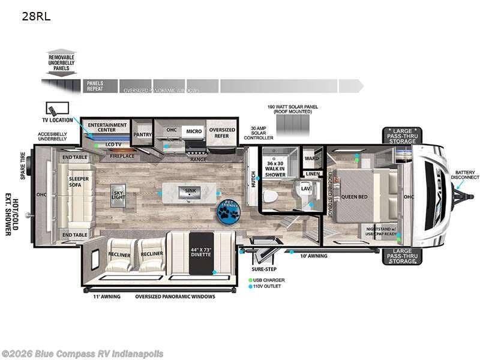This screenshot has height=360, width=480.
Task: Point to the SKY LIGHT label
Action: tap(118, 195)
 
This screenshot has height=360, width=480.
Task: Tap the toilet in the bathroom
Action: tap(272, 194)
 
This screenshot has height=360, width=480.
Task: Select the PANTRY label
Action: tap(143, 135)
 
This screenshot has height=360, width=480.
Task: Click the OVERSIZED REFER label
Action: tap(221, 133)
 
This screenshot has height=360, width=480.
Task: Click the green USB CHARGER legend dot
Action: tap(250, 280)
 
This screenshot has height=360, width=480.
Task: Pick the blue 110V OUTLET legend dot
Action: tap(250, 287)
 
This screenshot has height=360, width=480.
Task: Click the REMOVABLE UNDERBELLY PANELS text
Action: tap(62, 62)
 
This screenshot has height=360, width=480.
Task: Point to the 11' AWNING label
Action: tap(107, 296)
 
